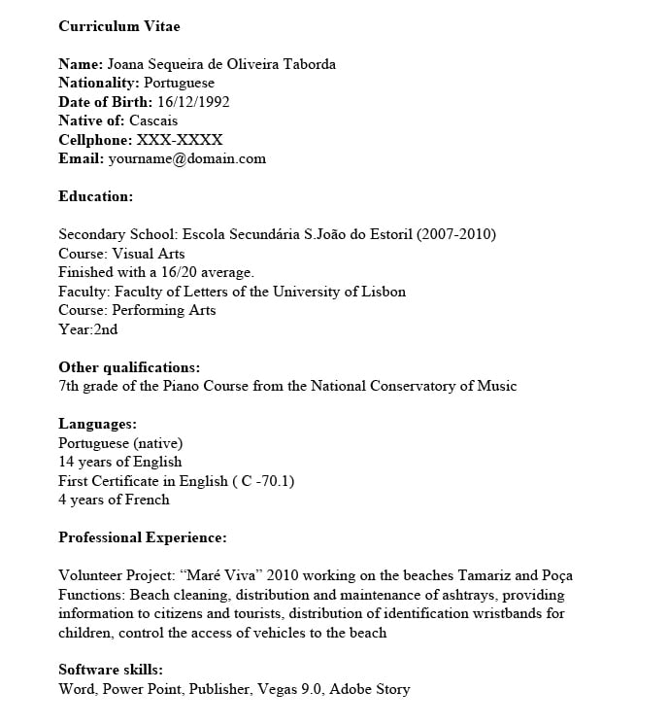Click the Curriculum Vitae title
click(118, 26)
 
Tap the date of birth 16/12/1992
click(193, 102)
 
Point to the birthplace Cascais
click(153, 121)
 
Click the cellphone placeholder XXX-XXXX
click(180, 140)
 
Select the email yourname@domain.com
click(186, 158)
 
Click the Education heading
click(95, 196)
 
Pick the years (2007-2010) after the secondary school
click(456, 234)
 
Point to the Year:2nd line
click(88, 329)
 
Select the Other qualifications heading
click(129, 367)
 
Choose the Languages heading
click(97, 424)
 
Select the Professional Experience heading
click(143, 537)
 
